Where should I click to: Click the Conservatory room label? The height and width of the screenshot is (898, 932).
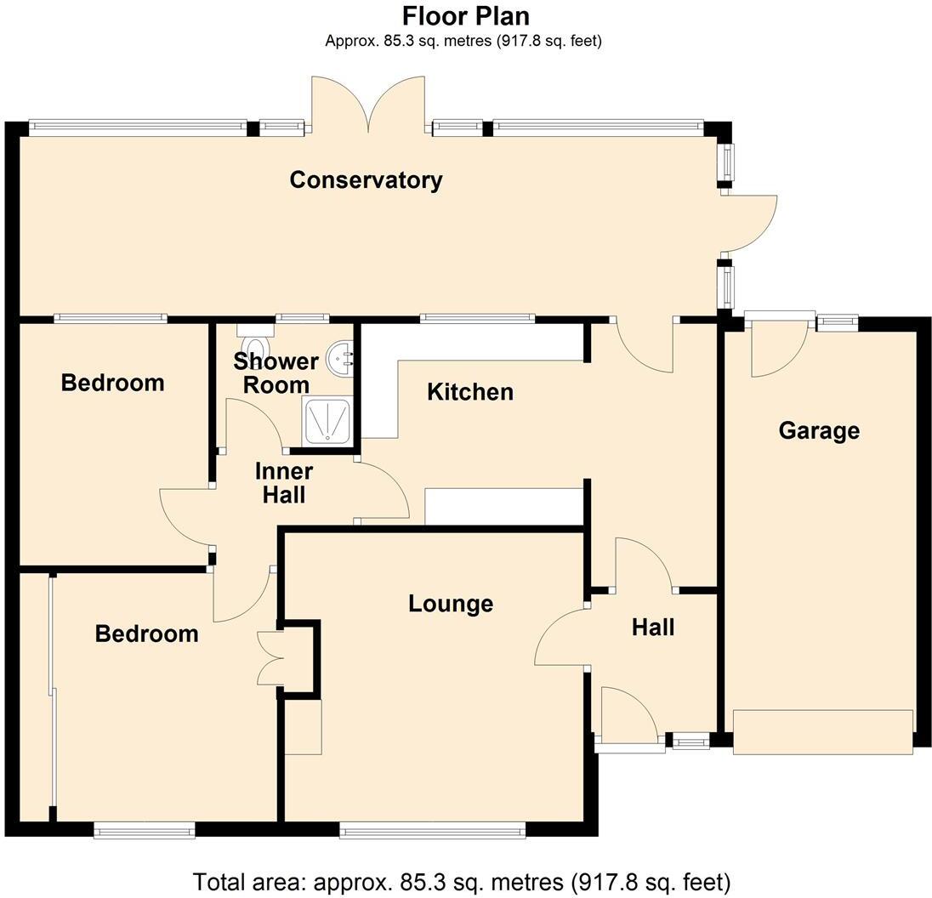click(366, 180)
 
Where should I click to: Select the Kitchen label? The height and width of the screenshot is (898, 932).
click(470, 392)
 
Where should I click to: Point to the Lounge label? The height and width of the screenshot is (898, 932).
click(451, 604)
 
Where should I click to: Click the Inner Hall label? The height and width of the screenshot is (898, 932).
click(285, 483)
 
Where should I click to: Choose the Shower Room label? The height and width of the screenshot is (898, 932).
click(276, 372)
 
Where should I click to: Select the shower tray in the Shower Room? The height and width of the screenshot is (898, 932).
click(324, 422)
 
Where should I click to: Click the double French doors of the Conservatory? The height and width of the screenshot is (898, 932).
click(368, 106)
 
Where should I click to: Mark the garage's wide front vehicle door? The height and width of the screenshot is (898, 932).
click(823, 732)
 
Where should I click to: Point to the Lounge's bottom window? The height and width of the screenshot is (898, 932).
click(432, 831)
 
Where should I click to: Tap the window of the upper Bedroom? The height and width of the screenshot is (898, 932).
click(111, 319)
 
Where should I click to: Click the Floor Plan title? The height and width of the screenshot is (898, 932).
click(465, 16)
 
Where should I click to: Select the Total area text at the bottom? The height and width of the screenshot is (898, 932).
click(462, 882)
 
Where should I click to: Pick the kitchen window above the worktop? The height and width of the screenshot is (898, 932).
click(477, 319)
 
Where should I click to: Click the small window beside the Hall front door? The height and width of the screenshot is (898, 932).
click(690, 742)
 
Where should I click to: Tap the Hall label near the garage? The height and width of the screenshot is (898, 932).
click(653, 628)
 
